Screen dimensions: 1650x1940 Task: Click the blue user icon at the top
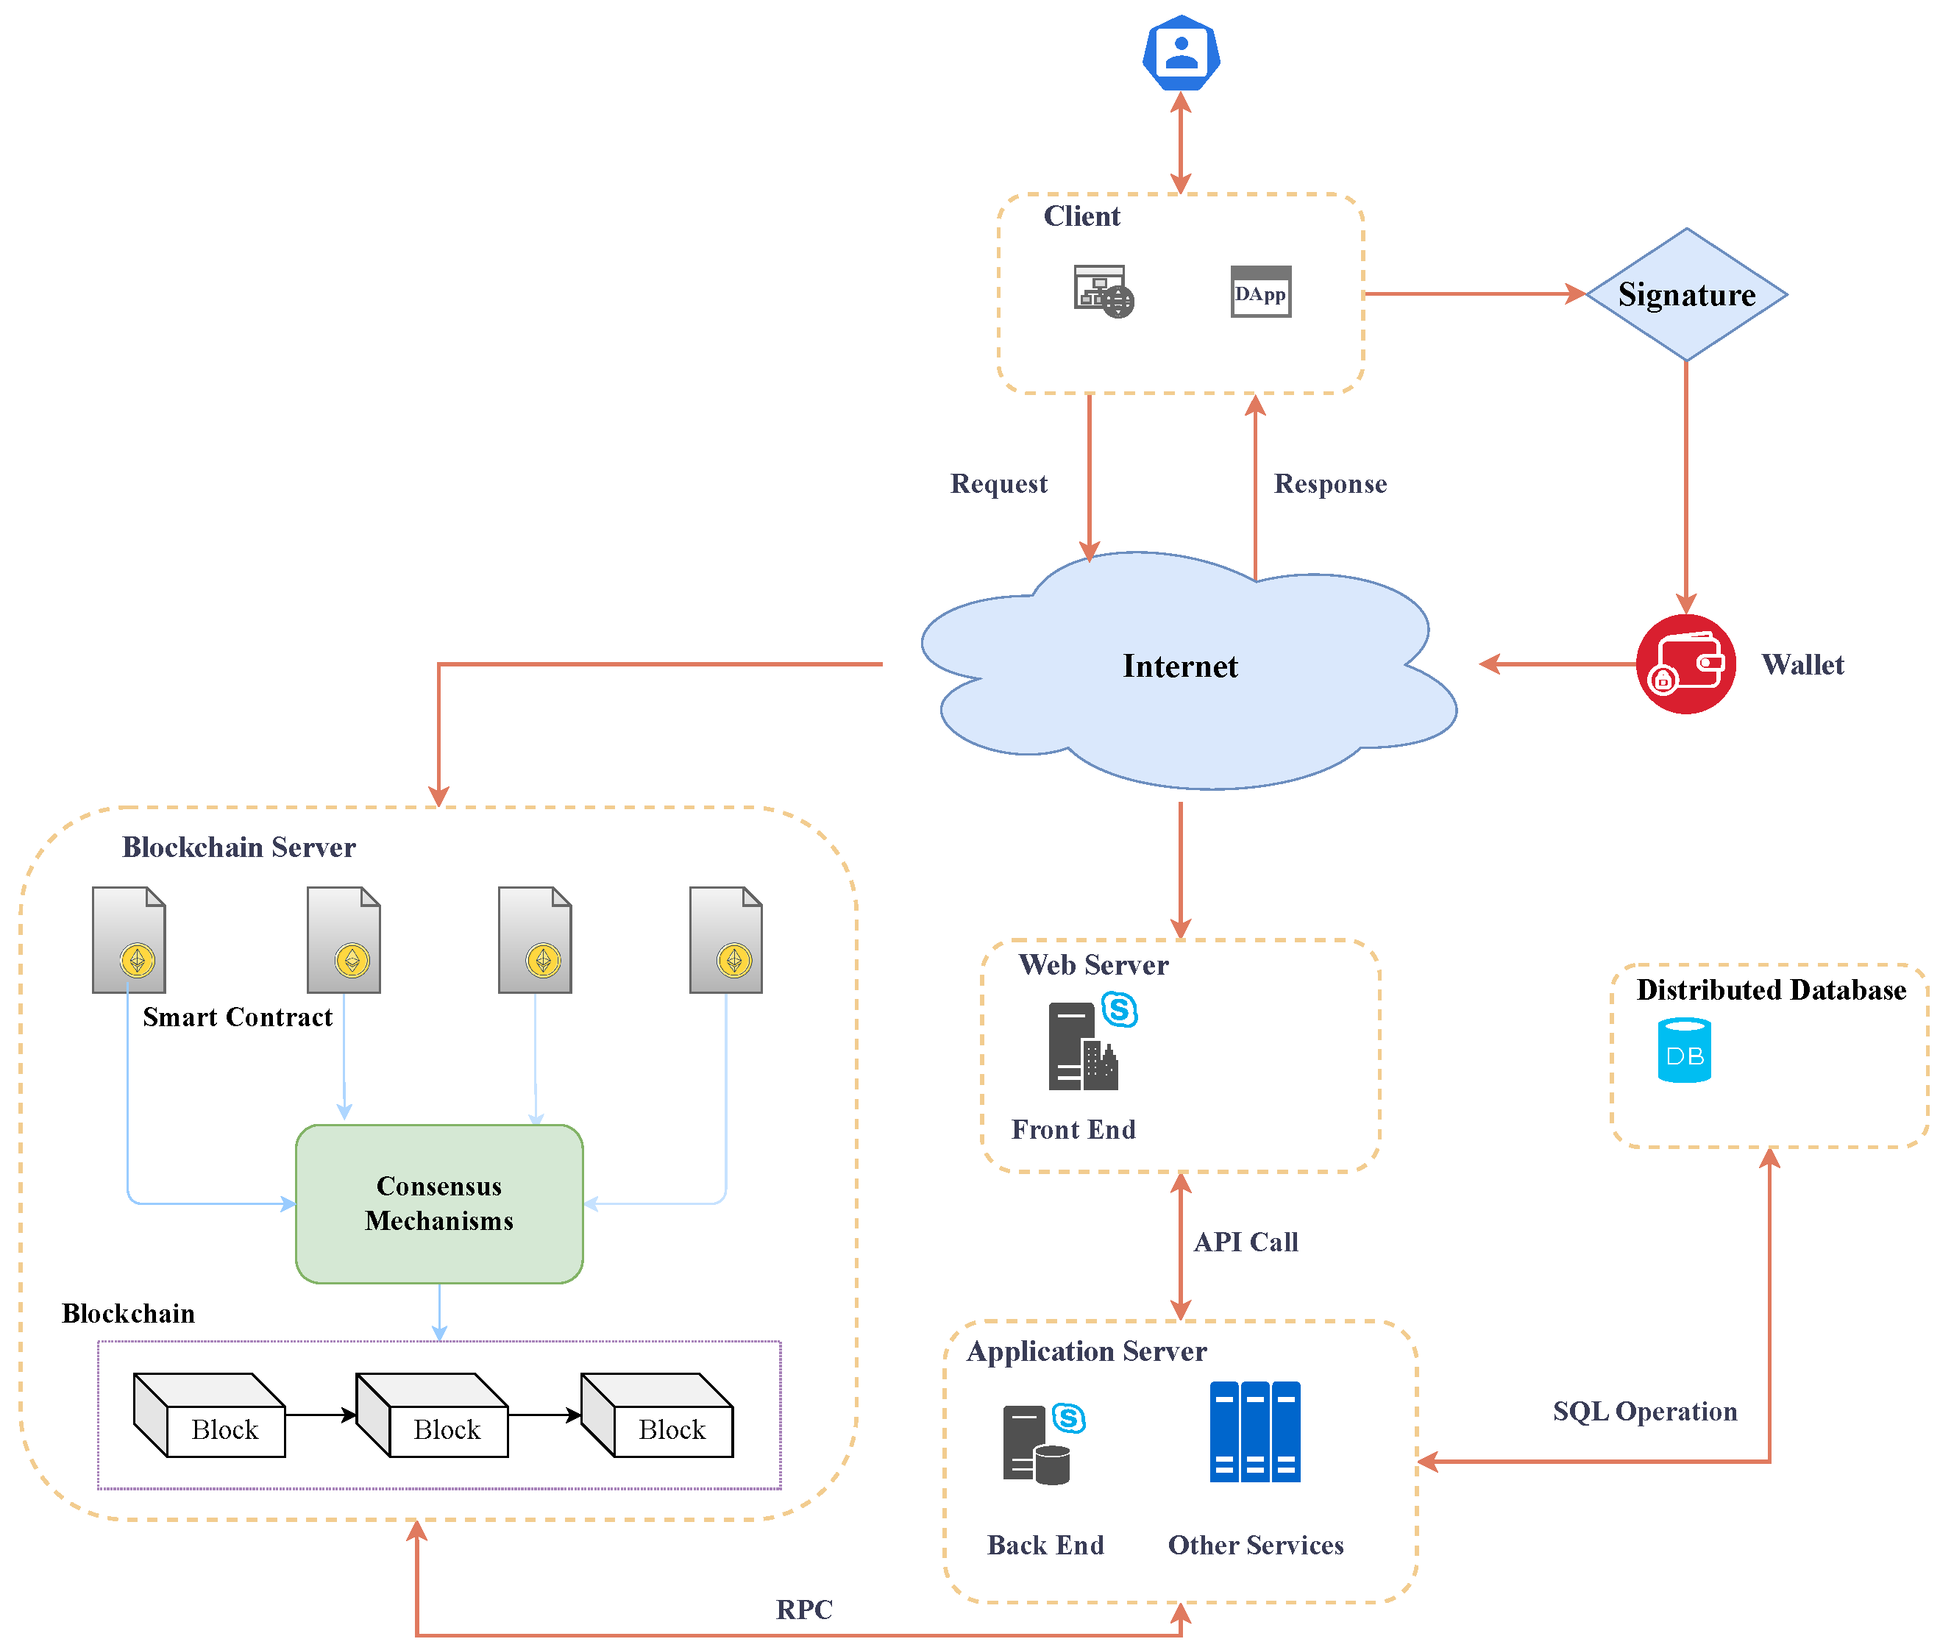1181,53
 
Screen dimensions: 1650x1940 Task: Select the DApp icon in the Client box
1260,292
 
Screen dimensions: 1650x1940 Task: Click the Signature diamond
1685,295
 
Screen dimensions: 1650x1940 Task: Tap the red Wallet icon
1685,664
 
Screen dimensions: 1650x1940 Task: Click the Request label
998,483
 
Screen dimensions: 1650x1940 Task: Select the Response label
1329,483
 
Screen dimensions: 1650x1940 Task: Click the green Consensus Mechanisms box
438,1203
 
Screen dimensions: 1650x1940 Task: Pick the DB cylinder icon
1684,1050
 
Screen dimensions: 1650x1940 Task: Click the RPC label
803,1609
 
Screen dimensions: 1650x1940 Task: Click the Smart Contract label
237,1017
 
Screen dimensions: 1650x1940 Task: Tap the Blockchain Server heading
238,847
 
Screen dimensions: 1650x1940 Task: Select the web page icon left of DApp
1103,292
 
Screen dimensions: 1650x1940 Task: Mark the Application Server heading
1086,1351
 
